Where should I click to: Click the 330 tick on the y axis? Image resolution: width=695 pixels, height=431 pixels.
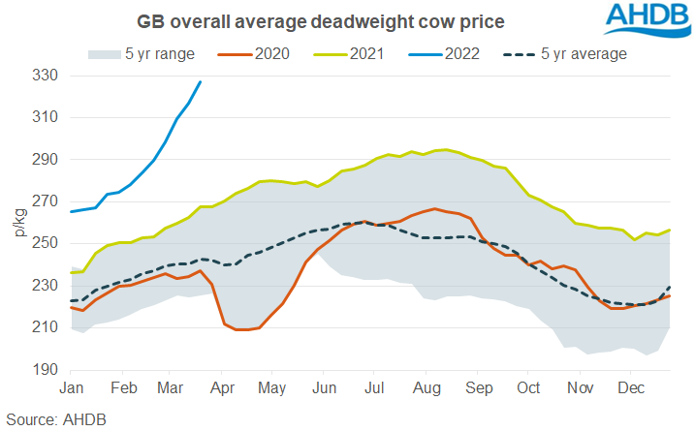click(46, 76)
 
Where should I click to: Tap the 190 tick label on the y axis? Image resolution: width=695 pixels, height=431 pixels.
click(46, 370)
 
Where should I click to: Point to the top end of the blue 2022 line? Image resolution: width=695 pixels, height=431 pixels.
click(201, 81)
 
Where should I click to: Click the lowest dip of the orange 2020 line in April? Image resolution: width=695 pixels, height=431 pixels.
click(243, 330)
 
